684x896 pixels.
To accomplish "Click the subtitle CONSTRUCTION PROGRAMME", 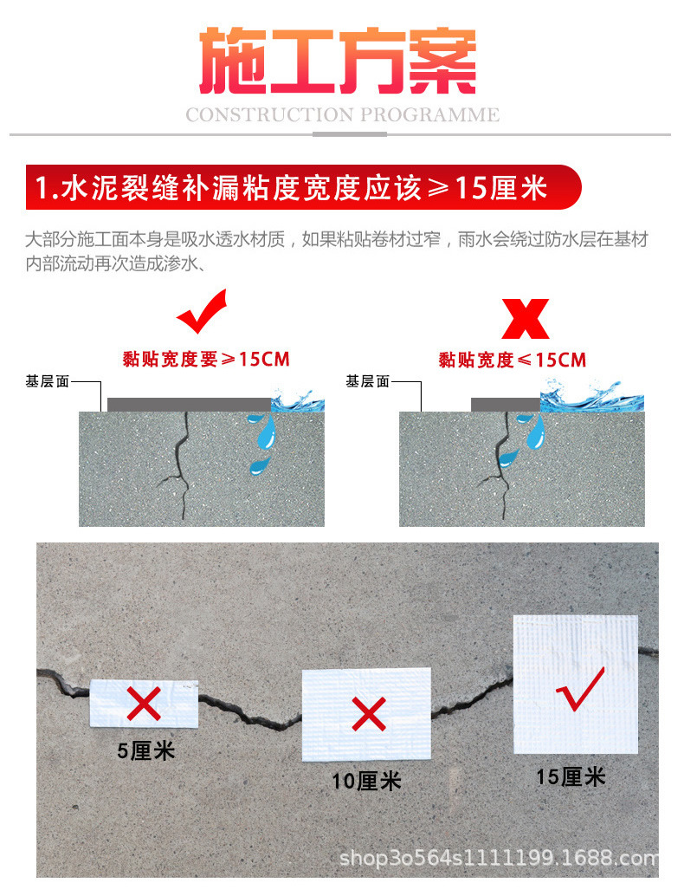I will pyautogui.click(x=342, y=114).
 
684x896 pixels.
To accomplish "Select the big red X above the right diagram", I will pyautogui.click(x=526, y=318).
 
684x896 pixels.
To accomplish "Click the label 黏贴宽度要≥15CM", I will pyautogui.click(x=206, y=359).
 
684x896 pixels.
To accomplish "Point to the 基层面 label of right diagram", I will pyautogui.click(x=368, y=381).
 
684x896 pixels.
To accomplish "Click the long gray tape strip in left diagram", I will pyautogui.click(x=189, y=404).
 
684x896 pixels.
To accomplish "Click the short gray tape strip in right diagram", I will pyautogui.click(x=505, y=404).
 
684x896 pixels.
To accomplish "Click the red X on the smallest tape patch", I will pyautogui.click(x=144, y=703).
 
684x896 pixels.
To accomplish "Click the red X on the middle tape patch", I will pyautogui.click(x=369, y=715).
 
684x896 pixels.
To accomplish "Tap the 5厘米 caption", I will pyautogui.click(x=146, y=750).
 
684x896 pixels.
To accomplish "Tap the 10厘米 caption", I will pyautogui.click(x=367, y=781).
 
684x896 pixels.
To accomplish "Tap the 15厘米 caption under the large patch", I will pyautogui.click(x=571, y=776).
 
